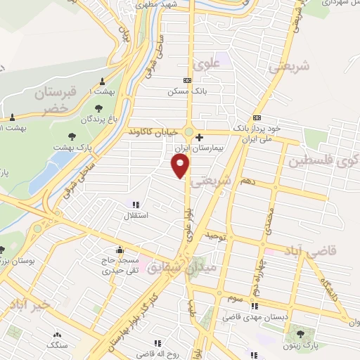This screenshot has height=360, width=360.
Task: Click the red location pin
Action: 181,165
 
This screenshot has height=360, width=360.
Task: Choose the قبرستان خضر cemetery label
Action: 44,101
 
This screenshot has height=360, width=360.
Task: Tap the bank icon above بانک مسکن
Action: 186,81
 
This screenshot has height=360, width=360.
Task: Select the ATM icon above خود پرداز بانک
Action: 257,117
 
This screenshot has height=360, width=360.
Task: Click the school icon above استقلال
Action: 136,205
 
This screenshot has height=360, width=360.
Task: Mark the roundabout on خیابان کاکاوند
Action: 188,131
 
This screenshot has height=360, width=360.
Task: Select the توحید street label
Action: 215,238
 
